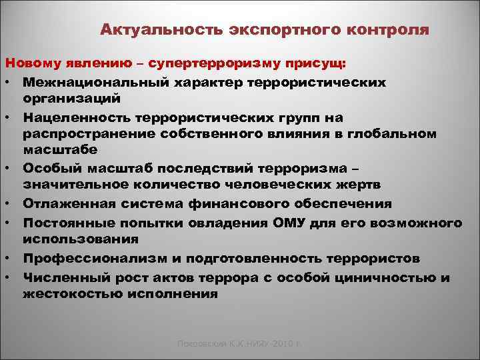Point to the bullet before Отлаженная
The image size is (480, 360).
point(12,204)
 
